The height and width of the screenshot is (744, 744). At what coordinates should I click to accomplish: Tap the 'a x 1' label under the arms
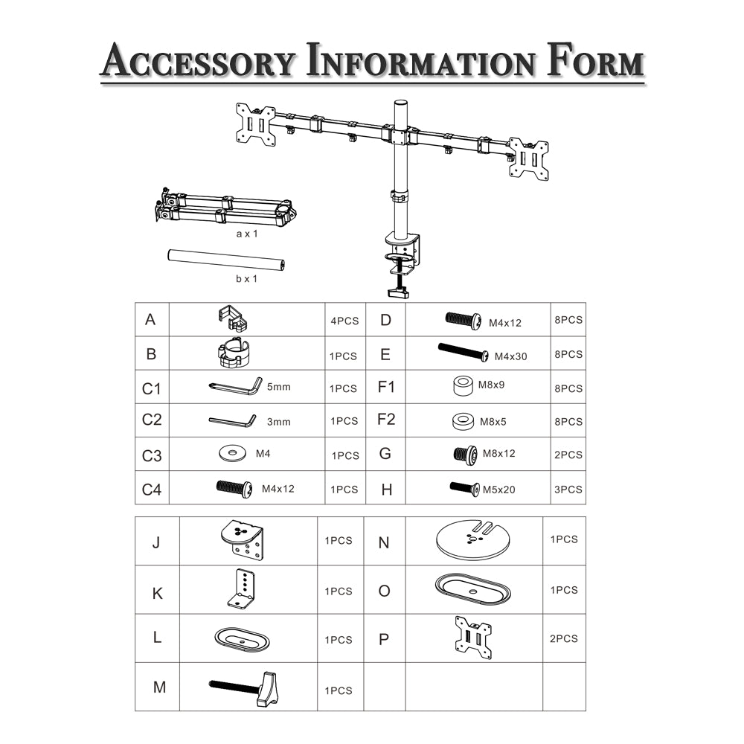click(247, 234)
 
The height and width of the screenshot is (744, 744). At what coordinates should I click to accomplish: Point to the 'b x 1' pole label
click(247, 279)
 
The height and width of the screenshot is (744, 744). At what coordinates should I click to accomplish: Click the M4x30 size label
click(510, 356)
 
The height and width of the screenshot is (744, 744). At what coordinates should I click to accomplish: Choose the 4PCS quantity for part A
click(345, 321)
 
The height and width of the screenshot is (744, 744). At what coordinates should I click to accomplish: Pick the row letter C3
click(152, 455)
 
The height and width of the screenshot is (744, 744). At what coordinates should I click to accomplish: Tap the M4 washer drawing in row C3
click(232, 453)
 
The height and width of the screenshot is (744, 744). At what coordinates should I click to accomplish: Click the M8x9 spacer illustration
click(463, 385)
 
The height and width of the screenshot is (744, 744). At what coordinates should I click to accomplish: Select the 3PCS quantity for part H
click(568, 490)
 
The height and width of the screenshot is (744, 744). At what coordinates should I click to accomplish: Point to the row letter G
click(385, 454)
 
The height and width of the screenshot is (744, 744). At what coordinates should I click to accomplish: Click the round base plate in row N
click(472, 539)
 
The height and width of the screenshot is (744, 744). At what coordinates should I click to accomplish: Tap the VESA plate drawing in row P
click(473, 638)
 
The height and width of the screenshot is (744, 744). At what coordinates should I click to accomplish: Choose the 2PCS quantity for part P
click(564, 638)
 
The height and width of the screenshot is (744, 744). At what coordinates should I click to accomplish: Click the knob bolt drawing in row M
click(243, 689)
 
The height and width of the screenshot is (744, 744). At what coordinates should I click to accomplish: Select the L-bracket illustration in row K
click(243, 589)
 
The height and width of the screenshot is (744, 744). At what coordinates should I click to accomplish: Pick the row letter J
click(156, 542)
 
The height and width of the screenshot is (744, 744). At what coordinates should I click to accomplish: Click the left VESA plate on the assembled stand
click(256, 124)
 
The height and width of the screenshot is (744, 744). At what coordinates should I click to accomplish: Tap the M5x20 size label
click(498, 490)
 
